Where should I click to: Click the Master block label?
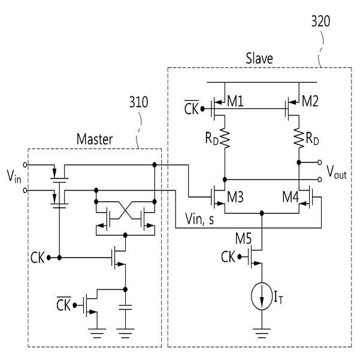point(95,139)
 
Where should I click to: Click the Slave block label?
point(259,58)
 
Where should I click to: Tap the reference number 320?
point(320,21)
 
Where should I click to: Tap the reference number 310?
point(139,102)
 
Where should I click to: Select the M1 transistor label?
point(235,101)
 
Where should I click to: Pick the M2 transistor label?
point(310,101)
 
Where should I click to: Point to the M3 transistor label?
point(235,197)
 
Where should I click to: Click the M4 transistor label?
point(291,197)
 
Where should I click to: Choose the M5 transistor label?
point(244,238)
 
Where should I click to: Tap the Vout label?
point(337,172)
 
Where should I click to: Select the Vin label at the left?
point(14,176)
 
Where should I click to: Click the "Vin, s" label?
point(199,219)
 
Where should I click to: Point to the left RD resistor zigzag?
point(225,138)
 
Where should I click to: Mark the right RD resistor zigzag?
point(299,138)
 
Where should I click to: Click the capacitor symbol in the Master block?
point(125,307)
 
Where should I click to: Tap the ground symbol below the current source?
point(262,334)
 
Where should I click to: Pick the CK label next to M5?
point(228,257)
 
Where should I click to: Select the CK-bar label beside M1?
point(191,107)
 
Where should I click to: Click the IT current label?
point(279,297)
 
